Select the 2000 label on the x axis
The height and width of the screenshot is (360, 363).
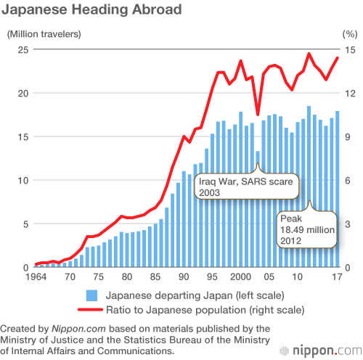coord(240,277)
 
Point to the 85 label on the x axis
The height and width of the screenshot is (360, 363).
coord(155,277)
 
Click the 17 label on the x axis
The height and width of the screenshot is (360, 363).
coord(337,277)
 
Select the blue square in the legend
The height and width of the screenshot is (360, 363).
coord(92,295)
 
